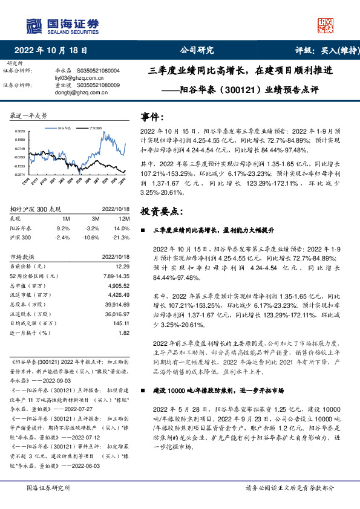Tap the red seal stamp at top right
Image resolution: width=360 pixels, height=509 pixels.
pyautogui.click(x=327, y=24)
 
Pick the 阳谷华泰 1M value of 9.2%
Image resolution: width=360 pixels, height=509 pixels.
pyautogui.click(x=63, y=229)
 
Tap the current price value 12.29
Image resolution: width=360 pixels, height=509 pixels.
pyautogui.click(x=123, y=266)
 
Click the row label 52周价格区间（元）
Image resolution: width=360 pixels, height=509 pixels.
pyautogui.click(x=33, y=276)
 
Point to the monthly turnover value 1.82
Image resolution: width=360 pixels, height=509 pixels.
pyautogui.click(x=124, y=332)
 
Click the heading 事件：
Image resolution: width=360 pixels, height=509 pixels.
pyautogui.click(x=152, y=116)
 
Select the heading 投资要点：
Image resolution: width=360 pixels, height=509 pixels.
pyautogui.click(x=160, y=211)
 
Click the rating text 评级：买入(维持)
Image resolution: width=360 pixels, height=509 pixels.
pyautogui.click(x=323, y=50)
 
